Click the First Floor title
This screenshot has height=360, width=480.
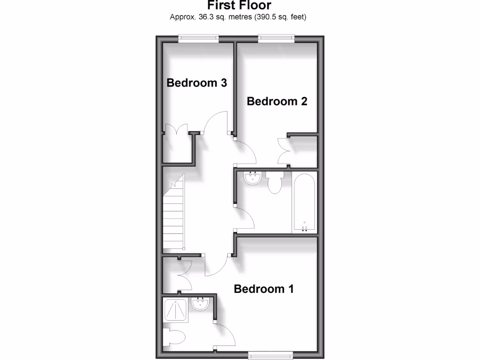[x=240, y=6]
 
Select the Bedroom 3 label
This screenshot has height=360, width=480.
[x=197, y=83]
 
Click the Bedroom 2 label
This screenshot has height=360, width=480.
[x=277, y=101]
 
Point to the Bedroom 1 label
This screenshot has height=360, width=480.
[x=264, y=289]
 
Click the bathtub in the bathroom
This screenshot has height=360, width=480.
[x=305, y=202]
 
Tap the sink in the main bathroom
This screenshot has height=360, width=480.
[x=253, y=178]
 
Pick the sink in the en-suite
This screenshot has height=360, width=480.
[x=201, y=304]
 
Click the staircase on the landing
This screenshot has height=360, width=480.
[x=174, y=215]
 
